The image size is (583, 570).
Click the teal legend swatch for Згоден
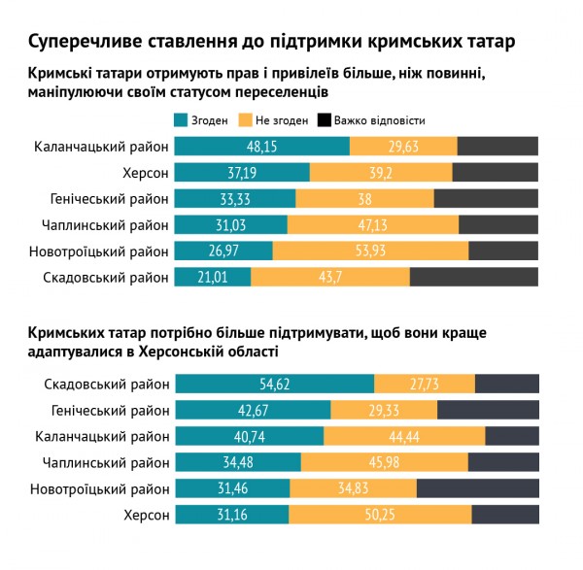(181, 120)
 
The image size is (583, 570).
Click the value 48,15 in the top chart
(262, 147)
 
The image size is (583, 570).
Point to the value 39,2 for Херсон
(381, 173)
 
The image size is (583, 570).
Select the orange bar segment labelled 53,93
(370, 251)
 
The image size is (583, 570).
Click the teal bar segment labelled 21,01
(212, 278)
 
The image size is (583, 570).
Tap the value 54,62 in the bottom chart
(275, 384)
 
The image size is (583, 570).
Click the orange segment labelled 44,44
(404, 436)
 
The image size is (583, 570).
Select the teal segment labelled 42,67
(253, 410)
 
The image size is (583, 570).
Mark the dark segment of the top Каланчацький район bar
(497, 147)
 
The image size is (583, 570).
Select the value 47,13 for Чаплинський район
(373, 225)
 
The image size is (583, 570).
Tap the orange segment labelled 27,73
(425, 384)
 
